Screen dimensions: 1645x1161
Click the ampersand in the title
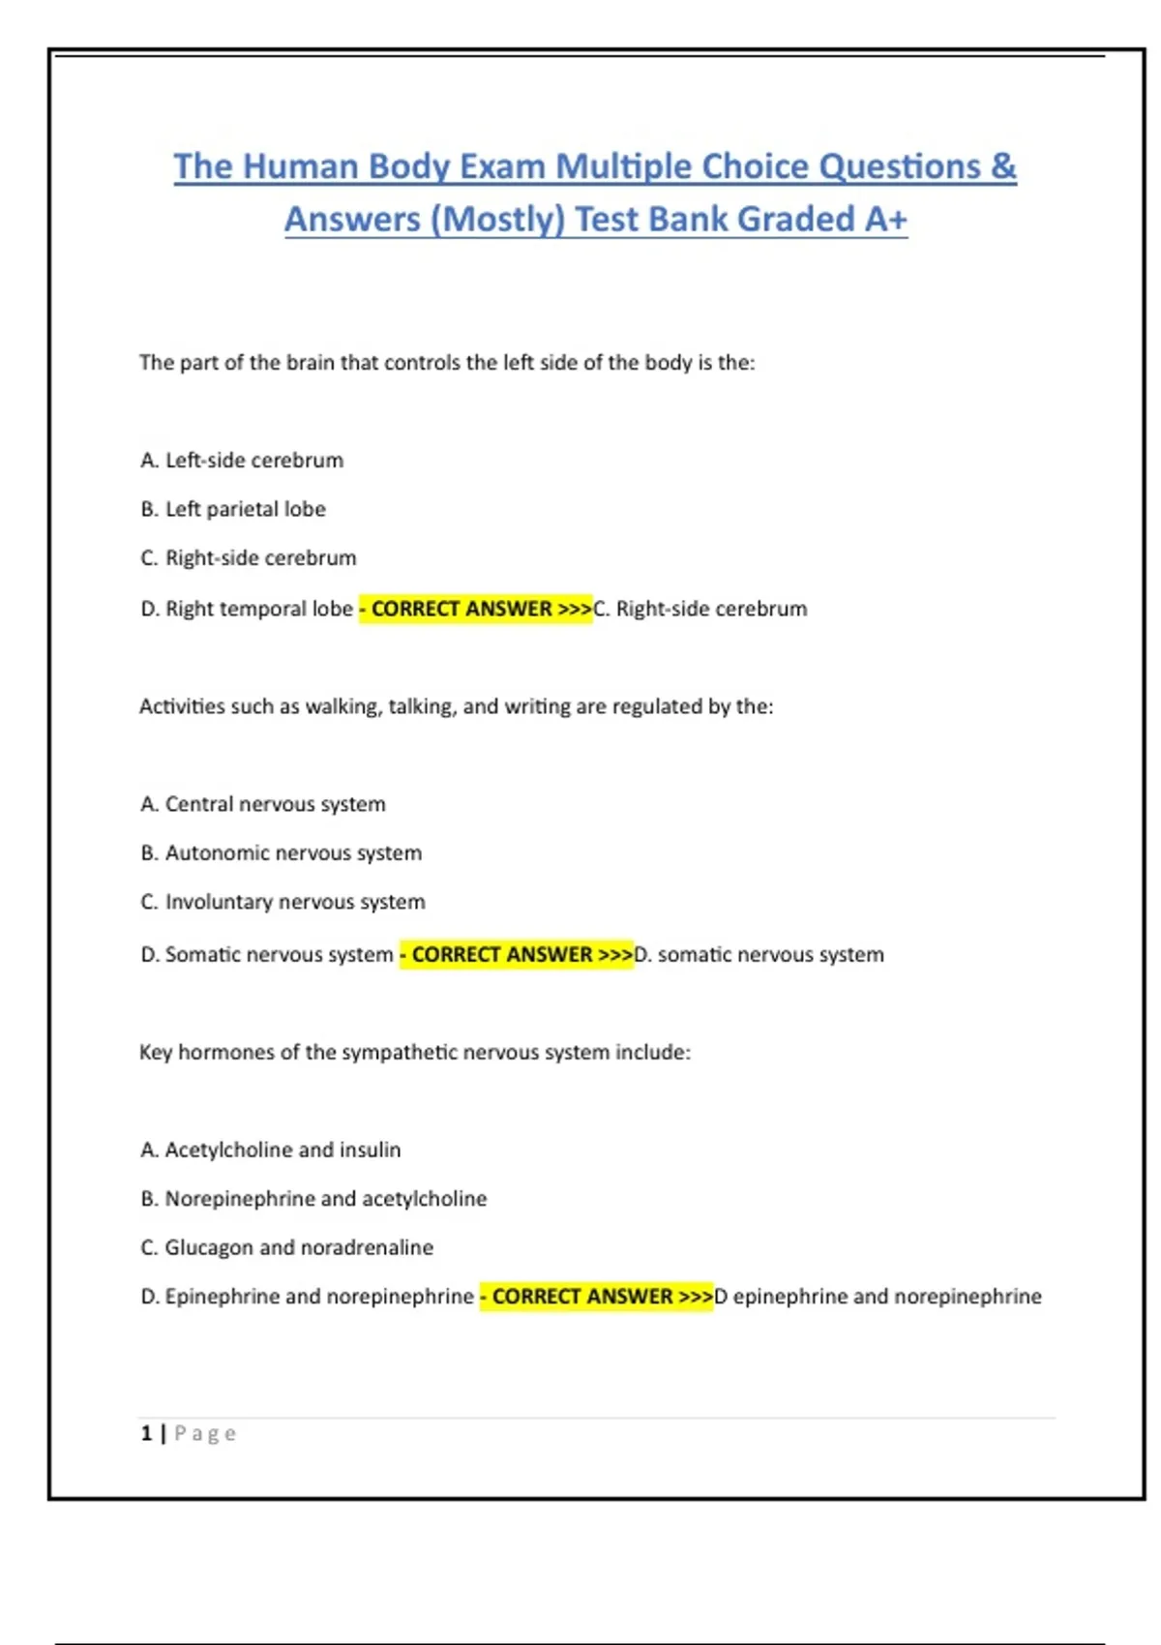[x=1003, y=166]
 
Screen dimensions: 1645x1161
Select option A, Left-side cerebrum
[x=242, y=461]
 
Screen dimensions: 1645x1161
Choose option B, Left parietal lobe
[x=233, y=509]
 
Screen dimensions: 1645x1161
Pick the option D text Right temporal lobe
[x=247, y=609]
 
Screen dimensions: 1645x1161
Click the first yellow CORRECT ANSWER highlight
[x=475, y=609]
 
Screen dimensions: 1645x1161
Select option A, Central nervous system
[x=263, y=804]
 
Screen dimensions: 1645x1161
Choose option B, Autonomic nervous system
[x=282, y=853]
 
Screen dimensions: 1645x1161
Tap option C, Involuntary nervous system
[x=283, y=902]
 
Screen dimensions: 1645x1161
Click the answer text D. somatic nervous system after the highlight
[x=759, y=955]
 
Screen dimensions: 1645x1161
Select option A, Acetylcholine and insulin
[x=271, y=1150]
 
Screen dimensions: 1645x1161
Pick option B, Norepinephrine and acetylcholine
[x=313, y=1199]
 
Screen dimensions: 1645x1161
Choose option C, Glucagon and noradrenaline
[x=287, y=1247]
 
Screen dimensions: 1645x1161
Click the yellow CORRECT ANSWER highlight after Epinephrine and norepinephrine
[x=596, y=1297]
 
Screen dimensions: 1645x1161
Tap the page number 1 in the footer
[x=146, y=1433]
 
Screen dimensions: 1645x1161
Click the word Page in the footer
[x=205, y=1434]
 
